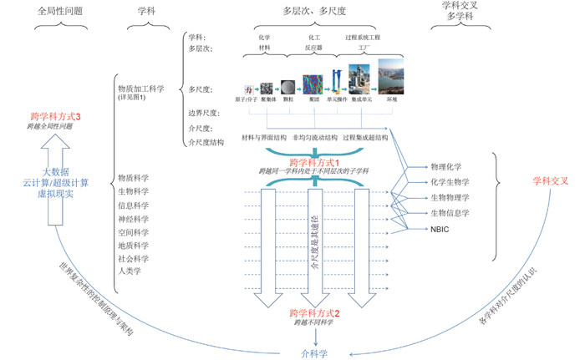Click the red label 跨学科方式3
coord(55,117)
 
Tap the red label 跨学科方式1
coord(313,161)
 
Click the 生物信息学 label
coord(450,213)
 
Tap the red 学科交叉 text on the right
coord(550,180)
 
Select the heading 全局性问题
coord(61,13)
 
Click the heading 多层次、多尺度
coord(314,13)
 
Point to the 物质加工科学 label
coord(140,88)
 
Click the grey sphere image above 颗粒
coord(287,87)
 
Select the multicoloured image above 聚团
coord(314,83)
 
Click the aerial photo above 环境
coord(391,77)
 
